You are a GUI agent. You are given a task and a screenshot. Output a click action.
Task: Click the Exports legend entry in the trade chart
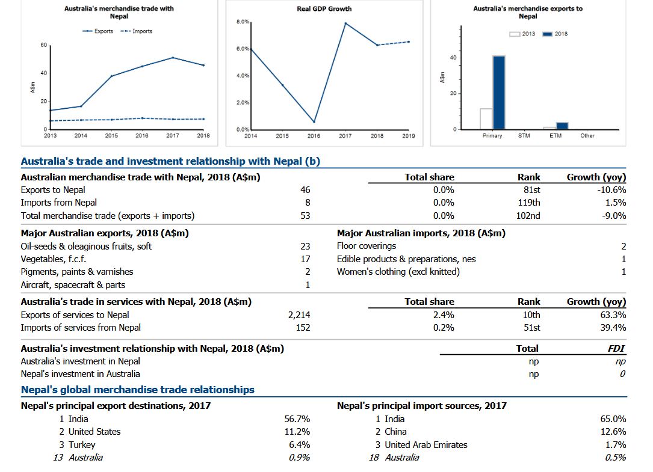pos(98,31)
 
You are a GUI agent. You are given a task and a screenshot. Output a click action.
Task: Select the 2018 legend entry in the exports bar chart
pos(555,34)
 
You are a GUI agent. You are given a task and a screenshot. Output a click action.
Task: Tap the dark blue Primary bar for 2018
pos(499,93)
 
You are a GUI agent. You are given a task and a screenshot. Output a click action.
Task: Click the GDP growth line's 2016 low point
pos(314,122)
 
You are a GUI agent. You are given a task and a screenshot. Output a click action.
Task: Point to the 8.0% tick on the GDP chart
pos(243,22)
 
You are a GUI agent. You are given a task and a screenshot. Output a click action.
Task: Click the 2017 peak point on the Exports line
pos(173,58)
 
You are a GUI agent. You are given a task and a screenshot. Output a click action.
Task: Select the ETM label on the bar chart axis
pos(556,136)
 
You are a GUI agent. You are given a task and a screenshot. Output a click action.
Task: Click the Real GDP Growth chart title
pos(324,9)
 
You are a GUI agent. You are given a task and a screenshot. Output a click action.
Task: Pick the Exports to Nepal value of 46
pos(305,190)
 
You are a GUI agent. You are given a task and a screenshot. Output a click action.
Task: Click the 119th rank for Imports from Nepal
pos(529,203)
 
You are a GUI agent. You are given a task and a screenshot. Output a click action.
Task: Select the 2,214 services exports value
pos(299,315)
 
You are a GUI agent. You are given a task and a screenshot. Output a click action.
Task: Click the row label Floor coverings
pos(367,246)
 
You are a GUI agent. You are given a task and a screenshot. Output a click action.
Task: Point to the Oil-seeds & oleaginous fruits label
pos(86,247)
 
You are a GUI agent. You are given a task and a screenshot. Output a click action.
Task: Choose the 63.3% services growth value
pos(613,315)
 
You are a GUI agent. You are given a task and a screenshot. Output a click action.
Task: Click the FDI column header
pos(616,348)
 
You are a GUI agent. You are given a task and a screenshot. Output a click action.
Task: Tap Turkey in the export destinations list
pos(82,444)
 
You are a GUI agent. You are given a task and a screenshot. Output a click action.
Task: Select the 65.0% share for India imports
pos(613,418)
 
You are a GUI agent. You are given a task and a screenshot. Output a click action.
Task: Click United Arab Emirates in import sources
pos(426,444)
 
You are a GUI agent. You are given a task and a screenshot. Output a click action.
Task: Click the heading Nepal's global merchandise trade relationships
pos(138,390)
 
